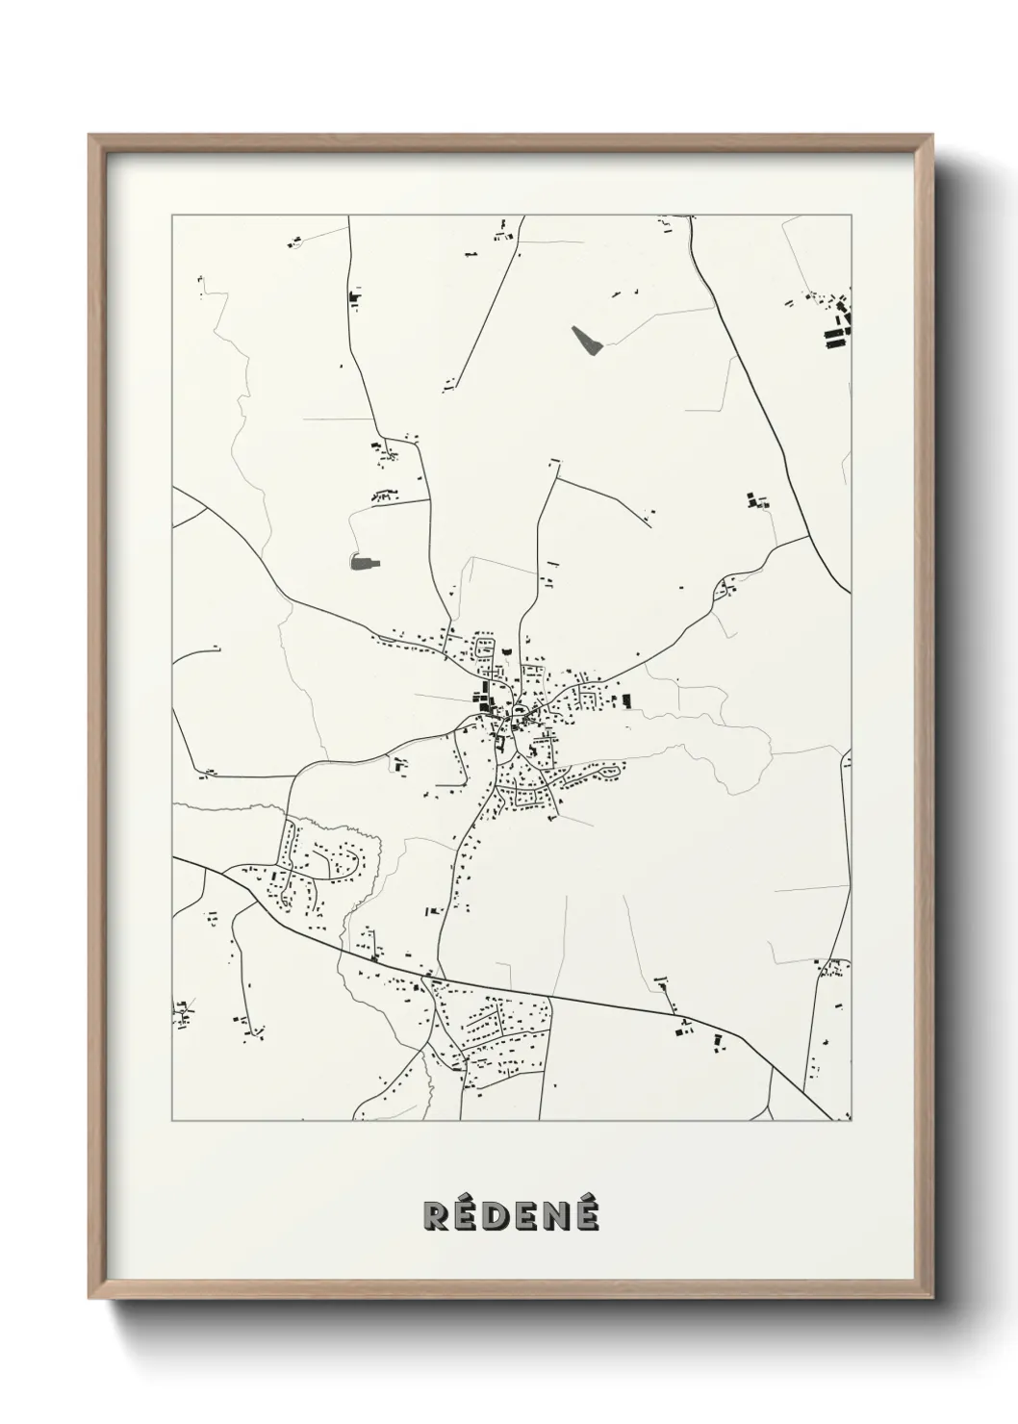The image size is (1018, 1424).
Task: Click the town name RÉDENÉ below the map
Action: pyautogui.click(x=510, y=1215)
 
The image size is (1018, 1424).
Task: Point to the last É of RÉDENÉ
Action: pyautogui.click(x=585, y=1215)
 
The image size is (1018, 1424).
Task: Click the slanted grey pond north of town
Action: pyautogui.click(x=585, y=340)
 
